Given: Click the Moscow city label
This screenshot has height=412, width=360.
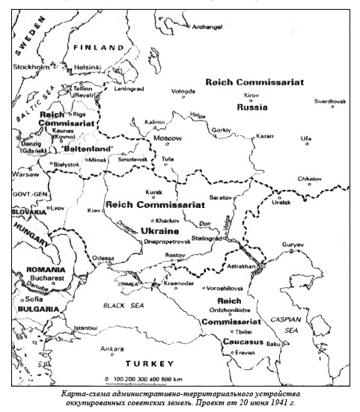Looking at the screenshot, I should (167, 139).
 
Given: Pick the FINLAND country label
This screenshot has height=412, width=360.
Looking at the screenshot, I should (96, 47).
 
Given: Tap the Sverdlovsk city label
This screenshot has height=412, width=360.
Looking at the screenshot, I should (329, 102).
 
